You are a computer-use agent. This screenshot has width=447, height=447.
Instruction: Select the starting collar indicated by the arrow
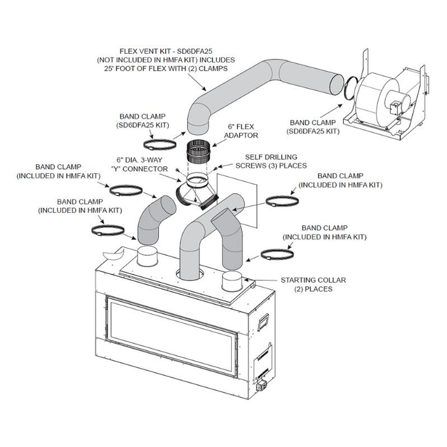click(x=234, y=282)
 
